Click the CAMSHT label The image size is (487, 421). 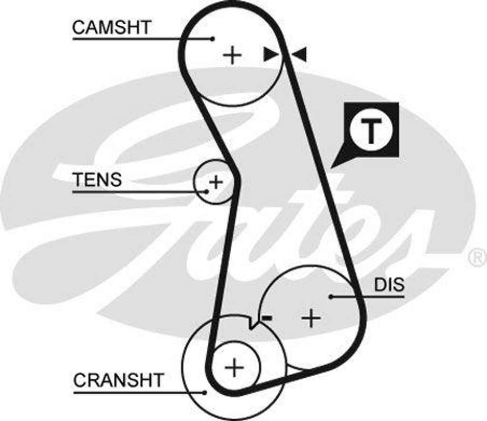[111, 28]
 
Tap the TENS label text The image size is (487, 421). [97, 180]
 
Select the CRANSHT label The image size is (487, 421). [118, 380]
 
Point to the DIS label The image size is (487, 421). [389, 285]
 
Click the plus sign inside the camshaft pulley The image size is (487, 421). [233, 55]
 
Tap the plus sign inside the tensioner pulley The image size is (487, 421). [216, 182]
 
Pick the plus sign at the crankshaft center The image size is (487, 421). [234, 367]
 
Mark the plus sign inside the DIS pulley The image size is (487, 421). [312, 318]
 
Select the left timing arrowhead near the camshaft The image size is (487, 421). [271, 54]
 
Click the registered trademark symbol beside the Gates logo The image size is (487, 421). [477, 258]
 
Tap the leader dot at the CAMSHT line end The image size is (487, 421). [213, 39]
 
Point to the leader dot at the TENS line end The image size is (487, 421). [207, 191]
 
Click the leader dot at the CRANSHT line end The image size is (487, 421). [205, 392]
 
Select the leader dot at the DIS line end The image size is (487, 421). [331, 296]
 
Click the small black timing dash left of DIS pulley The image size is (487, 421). [267, 318]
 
